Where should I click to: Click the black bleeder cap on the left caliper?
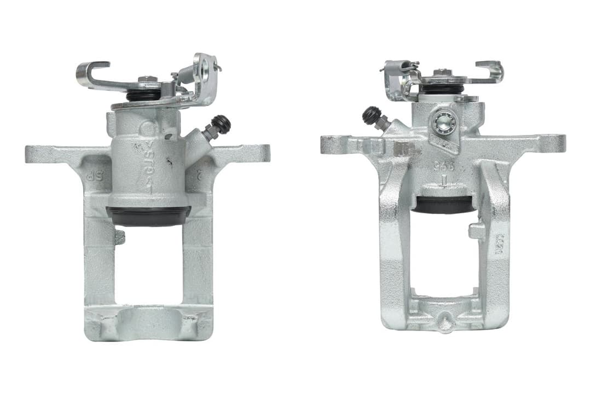[x=222, y=124]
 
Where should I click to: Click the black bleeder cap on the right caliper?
[x=372, y=114]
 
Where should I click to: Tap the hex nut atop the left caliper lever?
[x=145, y=80]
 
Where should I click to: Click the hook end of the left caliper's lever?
[x=88, y=72]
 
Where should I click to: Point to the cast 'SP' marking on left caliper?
[x=91, y=176]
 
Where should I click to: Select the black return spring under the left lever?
[x=143, y=95]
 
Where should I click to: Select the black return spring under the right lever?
[x=443, y=89]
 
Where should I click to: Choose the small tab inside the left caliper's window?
[x=119, y=236]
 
